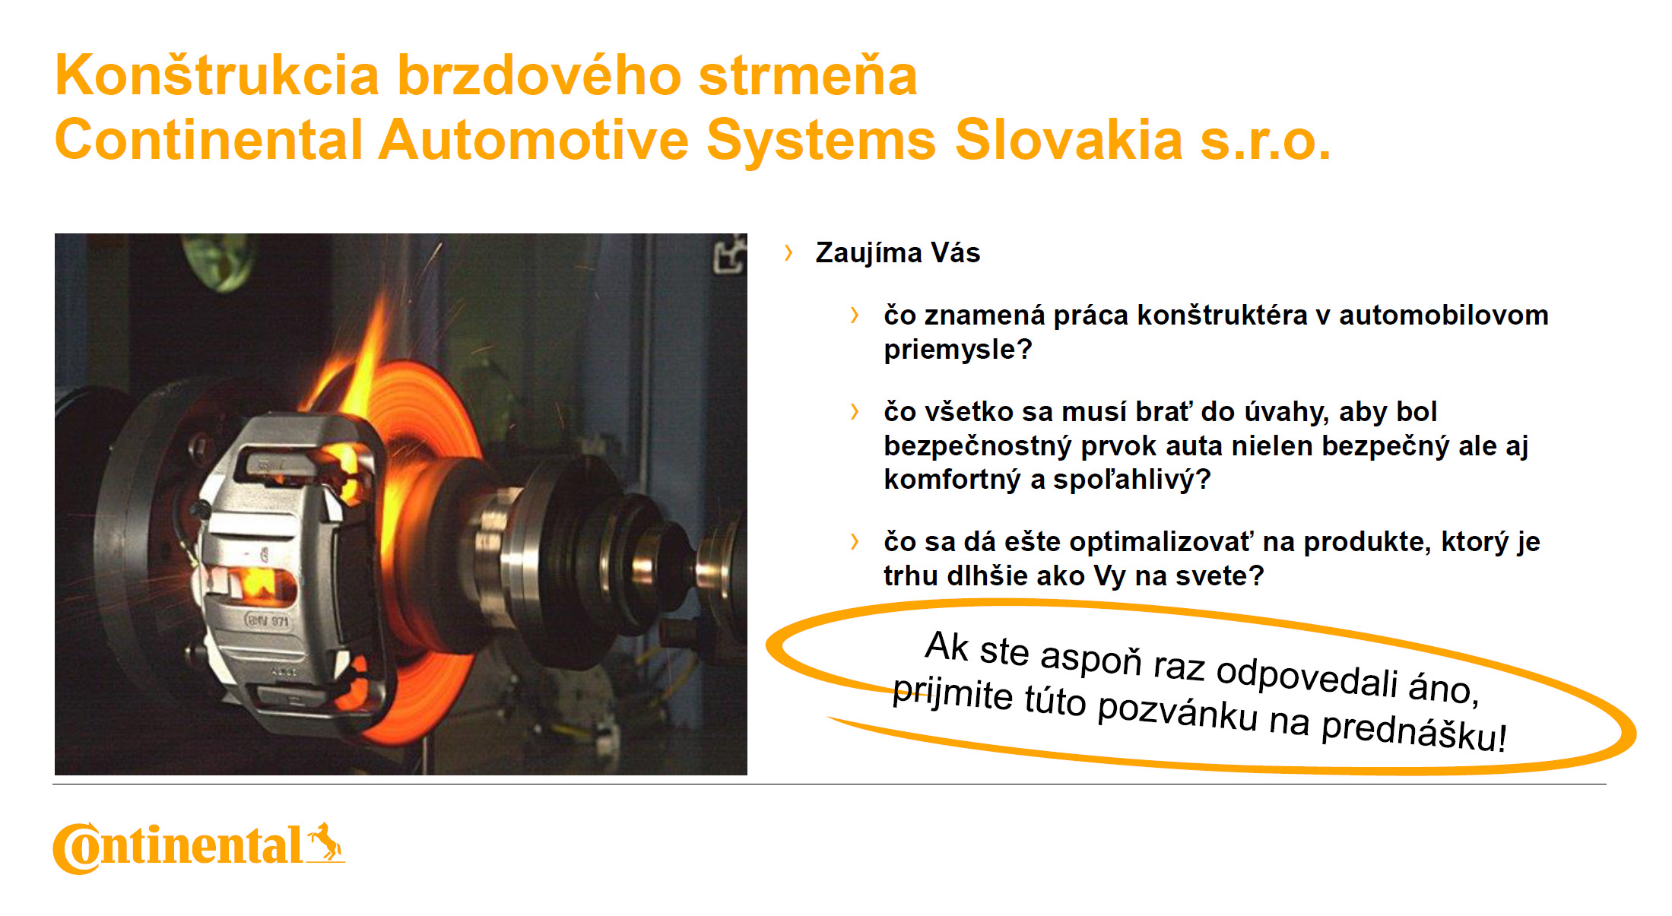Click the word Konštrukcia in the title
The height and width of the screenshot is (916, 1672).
[217, 75]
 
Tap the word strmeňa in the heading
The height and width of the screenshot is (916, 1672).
[807, 75]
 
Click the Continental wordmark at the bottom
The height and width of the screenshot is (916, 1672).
[178, 847]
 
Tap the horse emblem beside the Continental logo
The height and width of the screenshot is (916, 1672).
[325, 842]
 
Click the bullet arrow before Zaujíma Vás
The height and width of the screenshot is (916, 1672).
[788, 252]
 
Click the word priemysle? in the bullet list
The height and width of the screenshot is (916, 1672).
[957, 350]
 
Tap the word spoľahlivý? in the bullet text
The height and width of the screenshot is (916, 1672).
[1131, 480]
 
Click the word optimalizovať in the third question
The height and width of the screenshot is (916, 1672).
[1160, 542]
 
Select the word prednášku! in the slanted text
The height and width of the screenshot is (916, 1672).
[1414, 731]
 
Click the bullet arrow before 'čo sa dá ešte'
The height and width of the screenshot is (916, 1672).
[855, 541]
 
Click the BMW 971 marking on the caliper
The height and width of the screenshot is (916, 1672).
[267, 620]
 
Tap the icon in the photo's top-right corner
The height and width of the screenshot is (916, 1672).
[730, 254]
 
